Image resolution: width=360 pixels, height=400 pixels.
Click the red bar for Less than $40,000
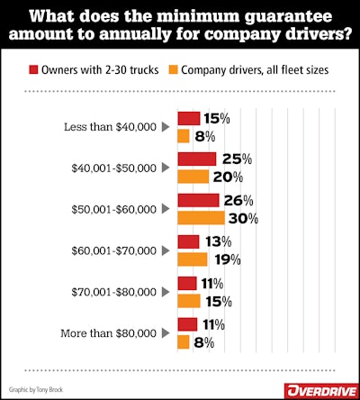(188, 118)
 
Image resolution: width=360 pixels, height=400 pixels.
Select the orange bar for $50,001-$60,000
(201, 218)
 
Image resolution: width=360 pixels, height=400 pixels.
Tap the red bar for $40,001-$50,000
(196, 159)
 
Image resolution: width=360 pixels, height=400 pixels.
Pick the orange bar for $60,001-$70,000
(192, 259)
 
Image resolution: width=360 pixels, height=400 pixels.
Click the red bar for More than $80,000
(186, 323)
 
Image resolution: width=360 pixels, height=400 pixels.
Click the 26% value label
(237, 200)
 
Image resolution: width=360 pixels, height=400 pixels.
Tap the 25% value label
(234, 159)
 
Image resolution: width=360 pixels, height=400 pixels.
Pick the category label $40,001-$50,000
(112, 168)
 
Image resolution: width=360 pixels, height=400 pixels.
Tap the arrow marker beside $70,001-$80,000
(165, 292)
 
